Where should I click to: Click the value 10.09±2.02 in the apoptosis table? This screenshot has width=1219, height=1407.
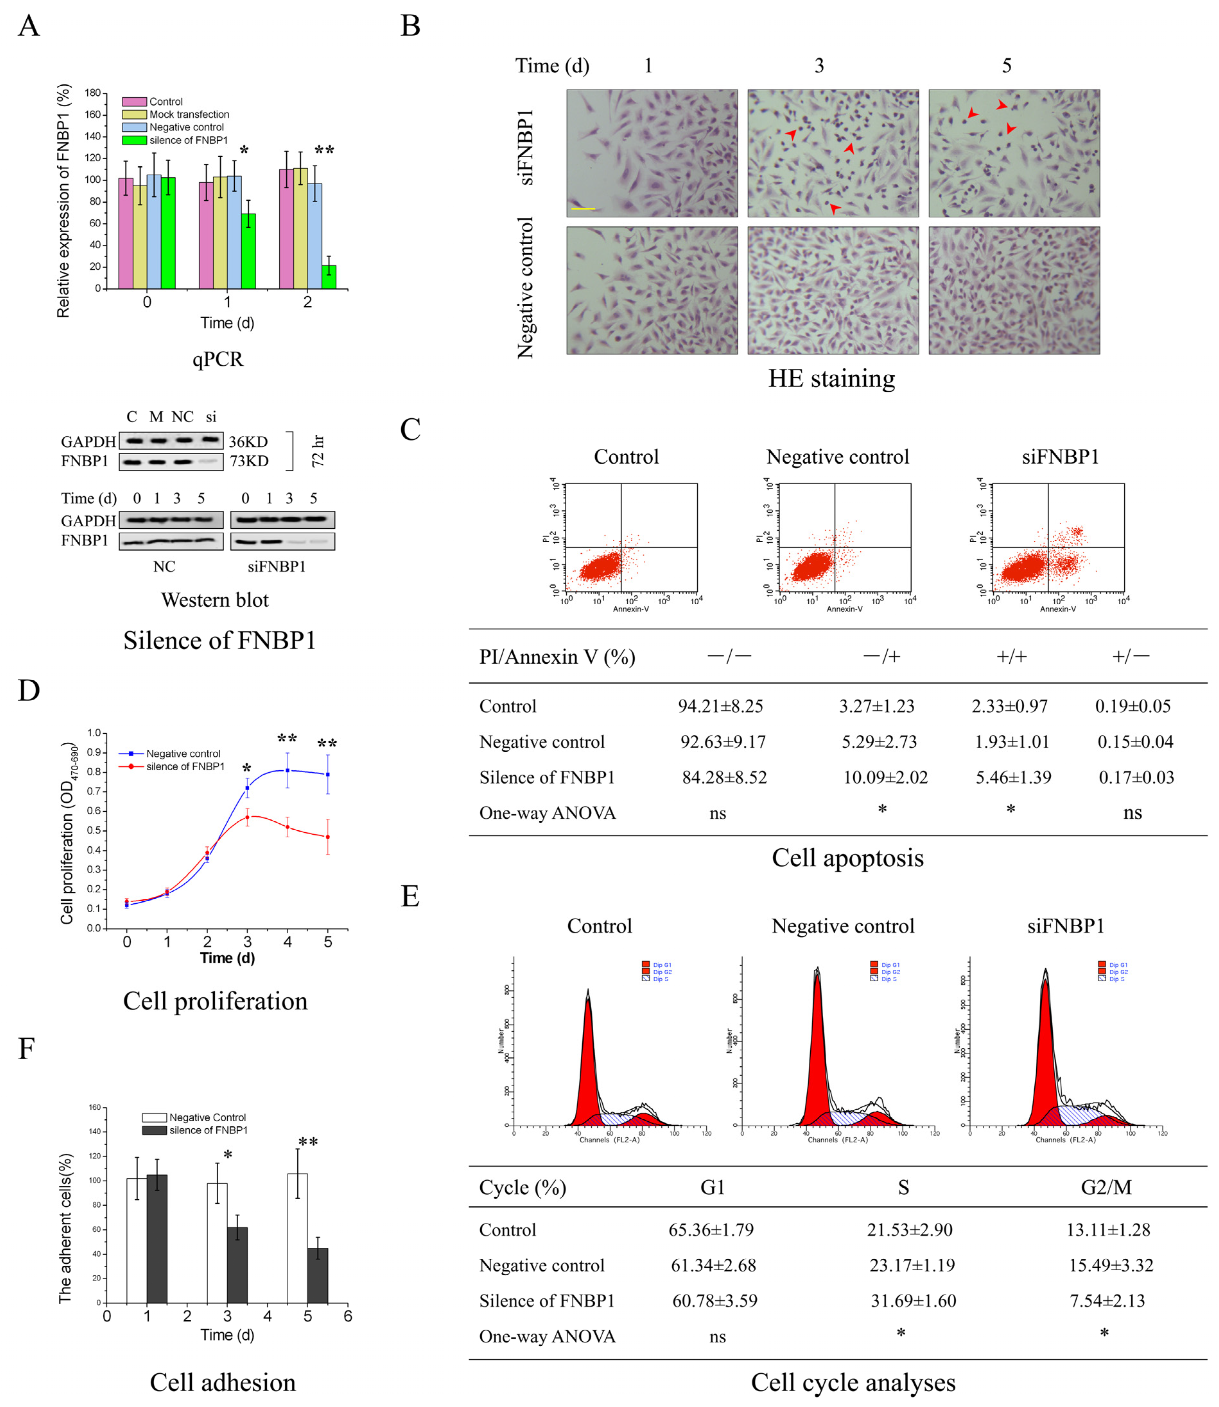885,777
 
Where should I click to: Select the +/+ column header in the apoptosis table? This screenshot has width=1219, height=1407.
1012,657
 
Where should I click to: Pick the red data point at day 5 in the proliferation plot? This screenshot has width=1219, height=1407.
328,837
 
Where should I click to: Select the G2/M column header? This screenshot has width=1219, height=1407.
1106,1187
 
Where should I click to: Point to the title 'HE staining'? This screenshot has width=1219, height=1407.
831,378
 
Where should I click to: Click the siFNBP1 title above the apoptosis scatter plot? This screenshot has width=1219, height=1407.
1060,457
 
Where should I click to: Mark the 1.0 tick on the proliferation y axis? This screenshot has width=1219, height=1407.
94,733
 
